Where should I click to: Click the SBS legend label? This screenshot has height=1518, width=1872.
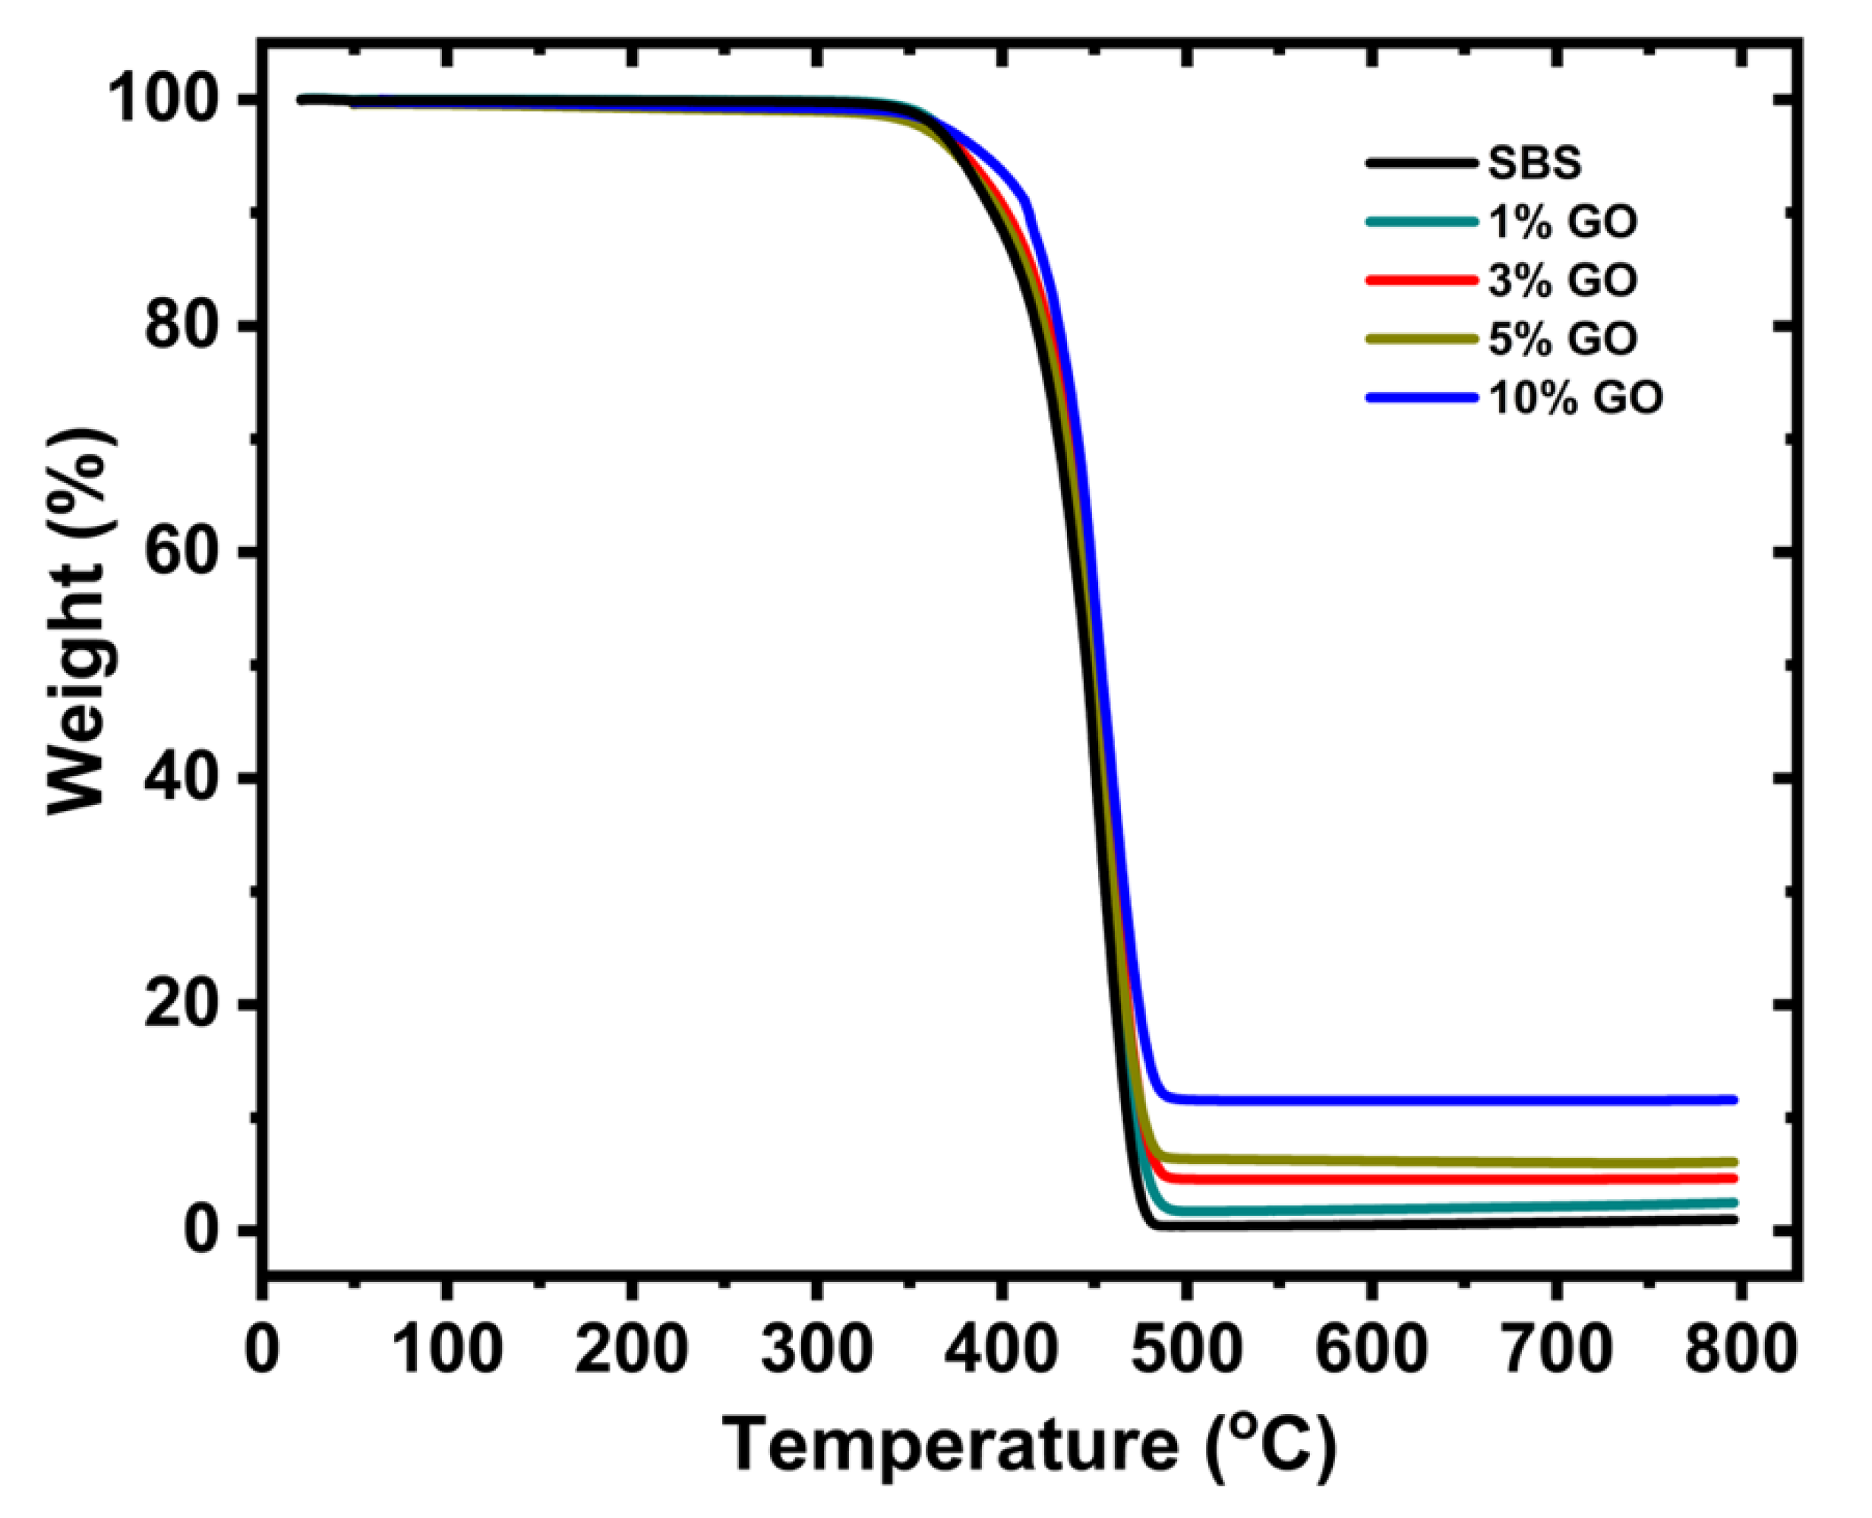tap(1535, 163)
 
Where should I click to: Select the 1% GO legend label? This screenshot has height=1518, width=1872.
tap(1561, 222)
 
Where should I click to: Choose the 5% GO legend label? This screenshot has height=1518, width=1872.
tap(1561, 339)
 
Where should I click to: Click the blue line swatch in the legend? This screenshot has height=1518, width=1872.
tap(1422, 398)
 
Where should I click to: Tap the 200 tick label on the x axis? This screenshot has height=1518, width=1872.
tap(631, 1349)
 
